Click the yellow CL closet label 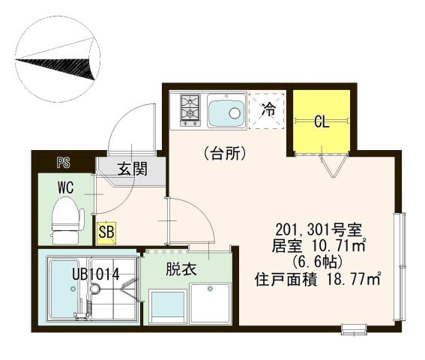click(322, 120)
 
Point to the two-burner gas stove click(188, 110)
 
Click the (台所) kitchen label click(225, 154)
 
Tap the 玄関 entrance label click(130, 169)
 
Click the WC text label click(64, 187)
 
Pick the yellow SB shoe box click(106, 231)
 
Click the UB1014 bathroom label click(95, 274)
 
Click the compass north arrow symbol click(60, 58)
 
